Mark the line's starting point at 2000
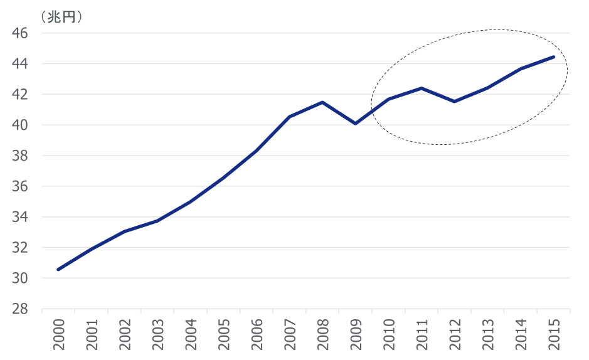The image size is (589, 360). [58, 269]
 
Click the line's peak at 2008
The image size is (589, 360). [322, 102]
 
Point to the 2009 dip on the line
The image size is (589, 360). [356, 124]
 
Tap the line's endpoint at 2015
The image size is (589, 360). [553, 57]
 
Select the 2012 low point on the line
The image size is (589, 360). [454, 102]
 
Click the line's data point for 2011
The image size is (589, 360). [422, 88]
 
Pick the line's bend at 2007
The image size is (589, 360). [289, 117]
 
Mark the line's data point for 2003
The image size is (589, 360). [157, 221]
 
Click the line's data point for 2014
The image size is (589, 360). [521, 69]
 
